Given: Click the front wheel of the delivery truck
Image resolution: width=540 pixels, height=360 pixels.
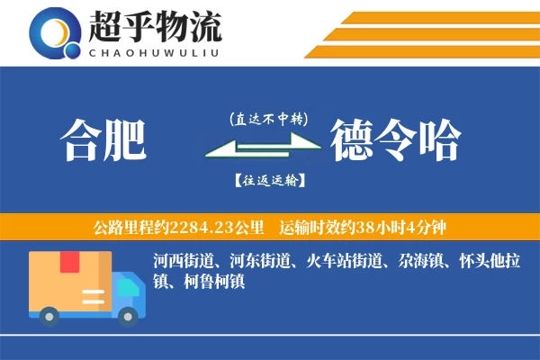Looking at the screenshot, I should click(129, 316).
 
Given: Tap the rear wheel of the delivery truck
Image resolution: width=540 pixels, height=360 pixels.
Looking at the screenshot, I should click(49, 316).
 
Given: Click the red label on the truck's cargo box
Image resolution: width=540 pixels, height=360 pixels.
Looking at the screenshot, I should click(69, 263).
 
